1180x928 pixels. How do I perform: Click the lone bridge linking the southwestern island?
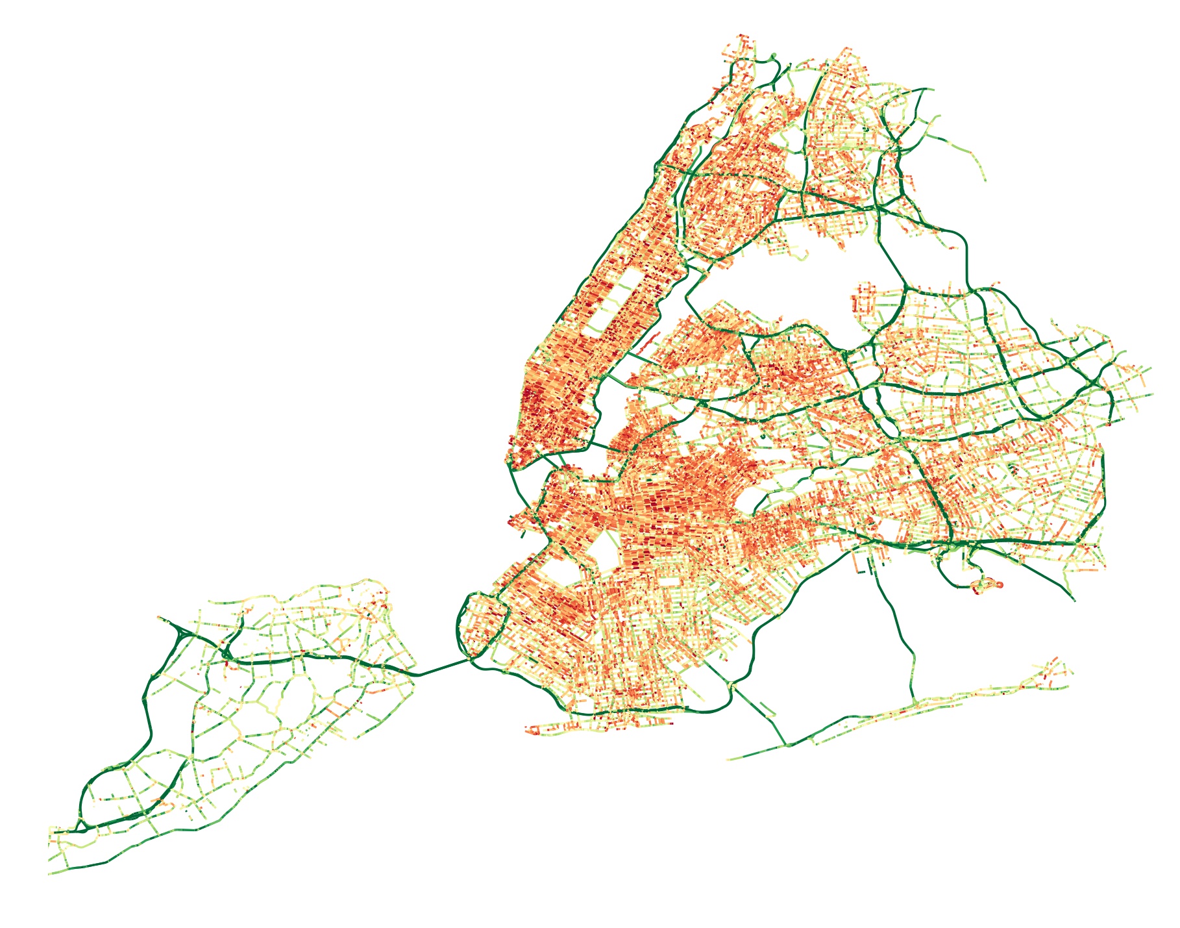tap(441, 668)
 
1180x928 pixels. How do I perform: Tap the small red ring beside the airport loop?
tap(998, 584)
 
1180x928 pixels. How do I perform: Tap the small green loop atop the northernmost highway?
tap(774, 56)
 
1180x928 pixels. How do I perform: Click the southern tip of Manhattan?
tap(513, 464)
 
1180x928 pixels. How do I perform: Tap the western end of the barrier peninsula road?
tap(730, 759)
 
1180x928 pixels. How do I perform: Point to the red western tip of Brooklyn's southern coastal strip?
tap(529, 730)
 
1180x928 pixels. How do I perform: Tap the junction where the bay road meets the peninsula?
tap(914, 702)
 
